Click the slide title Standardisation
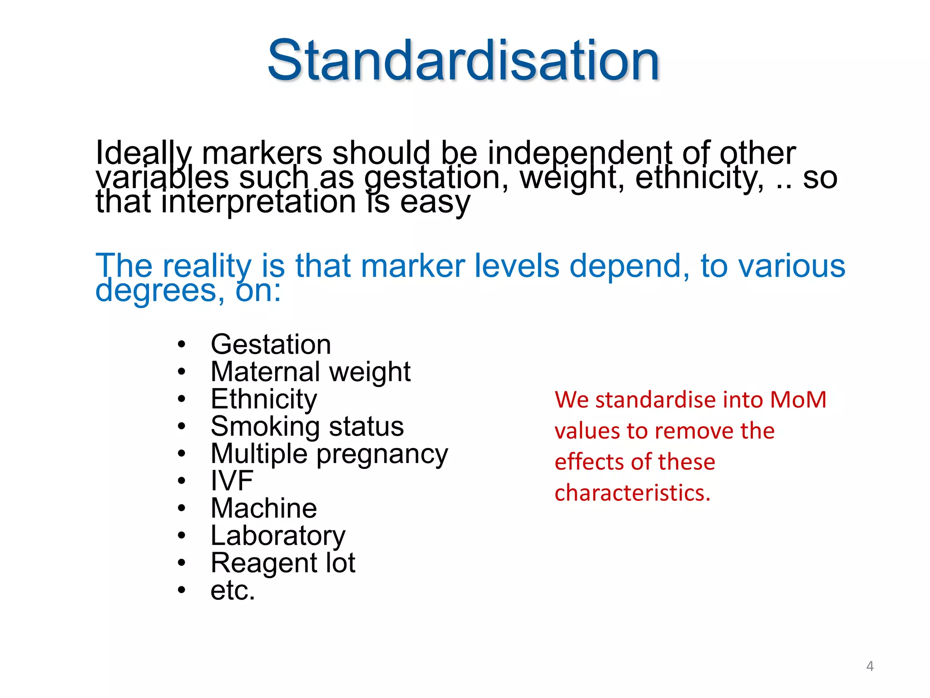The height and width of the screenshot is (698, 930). coord(463,60)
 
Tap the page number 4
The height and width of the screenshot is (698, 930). coord(870,666)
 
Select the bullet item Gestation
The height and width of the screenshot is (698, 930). coord(271,344)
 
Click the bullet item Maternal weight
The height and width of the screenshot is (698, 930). coord(311,372)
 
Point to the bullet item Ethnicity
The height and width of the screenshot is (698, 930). coord(264,399)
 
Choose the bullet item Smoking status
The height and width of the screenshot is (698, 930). coord(307,426)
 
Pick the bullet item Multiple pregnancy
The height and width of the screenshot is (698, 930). coord(329,454)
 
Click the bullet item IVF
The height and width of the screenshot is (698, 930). coord(232,481)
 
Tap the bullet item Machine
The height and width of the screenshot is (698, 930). coord(264,508)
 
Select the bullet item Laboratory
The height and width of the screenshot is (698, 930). coord(278,536)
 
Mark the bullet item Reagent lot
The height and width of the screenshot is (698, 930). coord(283,563)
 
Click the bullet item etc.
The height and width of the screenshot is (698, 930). coord(233,590)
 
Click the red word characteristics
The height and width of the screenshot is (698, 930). coord(632,493)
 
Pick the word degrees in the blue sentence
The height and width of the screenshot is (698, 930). coord(159,290)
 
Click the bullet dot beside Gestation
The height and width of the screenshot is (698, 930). coord(182,344)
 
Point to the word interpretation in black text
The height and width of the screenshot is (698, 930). coord(259,202)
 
